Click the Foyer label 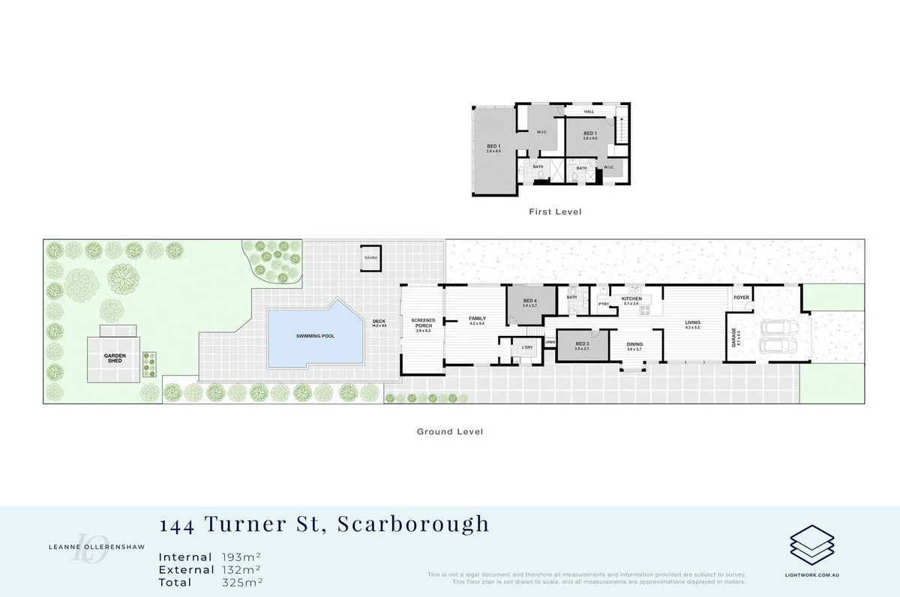(x=741, y=297)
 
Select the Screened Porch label (x=423, y=324)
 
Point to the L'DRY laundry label (x=526, y=347)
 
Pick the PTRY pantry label (x=603, y=304)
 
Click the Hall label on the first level (x=589, y=112)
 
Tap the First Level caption (x=555, y=212)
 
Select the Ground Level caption (x=450, y=432)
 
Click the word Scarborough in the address (x=413, y=523)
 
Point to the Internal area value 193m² (x=241, y=557)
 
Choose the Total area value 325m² (x=241, y=582)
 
